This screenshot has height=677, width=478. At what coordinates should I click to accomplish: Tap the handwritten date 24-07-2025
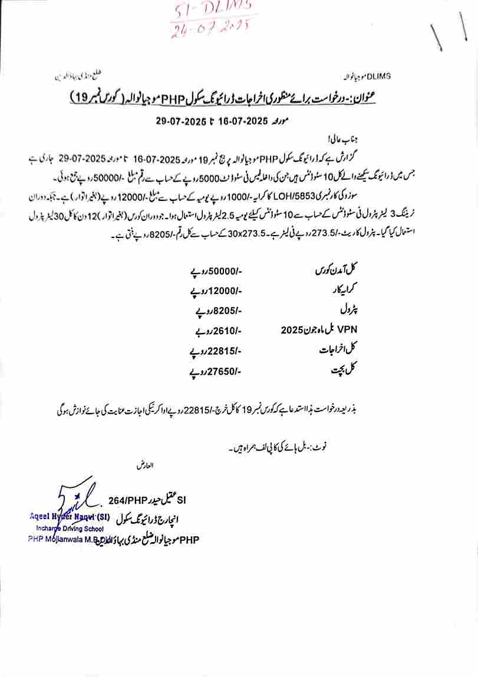tap(210, 28)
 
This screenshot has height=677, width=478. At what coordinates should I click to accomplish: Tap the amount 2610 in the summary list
tap(226, 331)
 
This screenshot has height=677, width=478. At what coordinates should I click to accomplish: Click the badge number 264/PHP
tap(126, 501)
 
